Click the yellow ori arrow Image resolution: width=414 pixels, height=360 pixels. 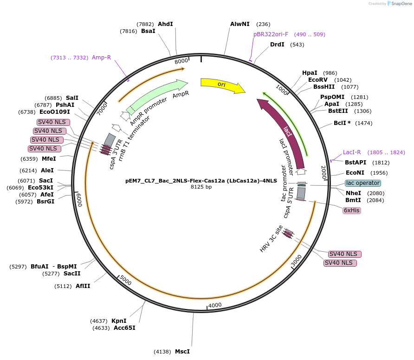222,85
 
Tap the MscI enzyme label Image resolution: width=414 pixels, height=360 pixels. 182,352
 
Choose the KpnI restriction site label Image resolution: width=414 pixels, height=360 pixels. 119,321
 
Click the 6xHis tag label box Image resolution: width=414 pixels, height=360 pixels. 352,210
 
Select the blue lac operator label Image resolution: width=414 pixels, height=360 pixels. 362,183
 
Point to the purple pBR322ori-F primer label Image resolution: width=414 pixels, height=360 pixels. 271,34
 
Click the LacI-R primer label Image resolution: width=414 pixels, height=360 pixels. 351,152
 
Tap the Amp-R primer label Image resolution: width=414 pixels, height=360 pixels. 101,58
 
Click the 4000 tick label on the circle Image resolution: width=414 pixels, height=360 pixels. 215,305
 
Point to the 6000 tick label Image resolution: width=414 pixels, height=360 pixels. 79,200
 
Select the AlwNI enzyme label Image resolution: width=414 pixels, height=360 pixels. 239,24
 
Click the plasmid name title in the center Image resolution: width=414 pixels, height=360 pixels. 201,181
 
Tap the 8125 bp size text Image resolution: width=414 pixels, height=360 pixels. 201,187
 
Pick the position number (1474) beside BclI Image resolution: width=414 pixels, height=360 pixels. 364,123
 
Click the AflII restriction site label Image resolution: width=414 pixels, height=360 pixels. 83,286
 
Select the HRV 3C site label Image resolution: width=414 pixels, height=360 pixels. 271,239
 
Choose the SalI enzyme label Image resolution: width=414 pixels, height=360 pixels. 72,98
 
